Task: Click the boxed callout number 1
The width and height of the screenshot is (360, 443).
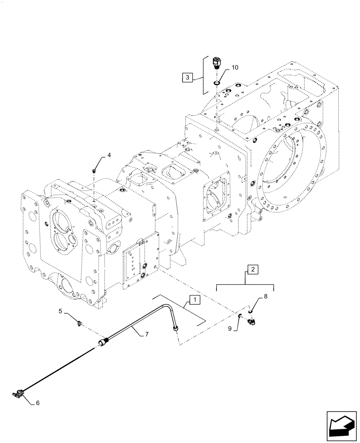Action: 193,300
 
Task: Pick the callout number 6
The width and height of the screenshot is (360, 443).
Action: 38,403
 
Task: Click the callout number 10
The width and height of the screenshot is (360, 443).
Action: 235,67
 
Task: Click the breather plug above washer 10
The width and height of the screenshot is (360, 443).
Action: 216,63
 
